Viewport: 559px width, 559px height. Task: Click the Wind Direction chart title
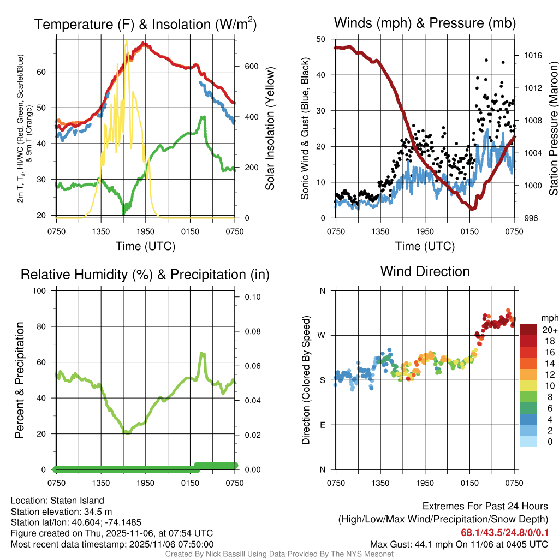[425, 271]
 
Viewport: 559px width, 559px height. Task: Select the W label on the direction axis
[322, 335]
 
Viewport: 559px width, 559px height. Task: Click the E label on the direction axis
[323, 425]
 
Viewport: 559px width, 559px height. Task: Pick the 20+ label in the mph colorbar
[550, 330]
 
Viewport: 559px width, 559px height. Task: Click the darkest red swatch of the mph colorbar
[528, 330]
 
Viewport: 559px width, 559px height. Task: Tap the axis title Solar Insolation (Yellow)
[270, 129]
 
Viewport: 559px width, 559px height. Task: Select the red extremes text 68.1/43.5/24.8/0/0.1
[504, 532]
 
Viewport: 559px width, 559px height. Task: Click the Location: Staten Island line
[57, 500]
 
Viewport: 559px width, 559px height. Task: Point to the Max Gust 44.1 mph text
[459, 544]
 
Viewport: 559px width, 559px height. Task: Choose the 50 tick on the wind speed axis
[321, 39]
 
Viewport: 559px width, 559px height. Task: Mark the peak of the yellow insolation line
[126, 41]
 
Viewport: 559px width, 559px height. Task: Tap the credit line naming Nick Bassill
[279, 554]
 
